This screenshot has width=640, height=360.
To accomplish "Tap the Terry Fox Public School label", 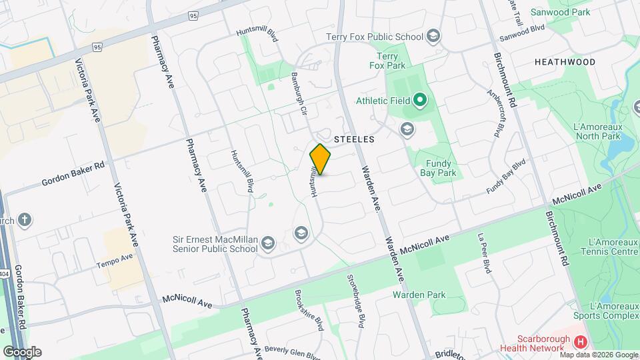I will [x=374, y=37].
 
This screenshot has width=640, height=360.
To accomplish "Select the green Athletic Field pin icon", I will [x=419, y=101].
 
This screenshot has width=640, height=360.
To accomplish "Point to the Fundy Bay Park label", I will [x=438, y=168].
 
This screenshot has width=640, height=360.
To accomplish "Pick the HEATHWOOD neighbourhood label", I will [x=565, y=62].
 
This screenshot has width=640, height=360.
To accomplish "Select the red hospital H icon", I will [x=581, y=341].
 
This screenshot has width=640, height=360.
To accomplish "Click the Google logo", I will [x=22, y=351].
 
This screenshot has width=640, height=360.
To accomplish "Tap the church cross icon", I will [x=24, y=221].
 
